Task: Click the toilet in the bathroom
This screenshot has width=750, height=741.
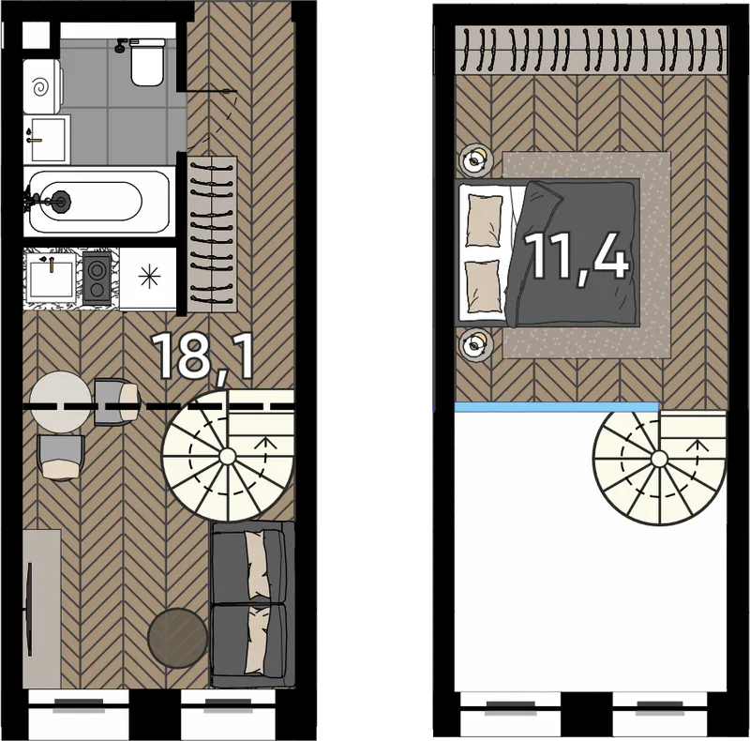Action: coord(146,62)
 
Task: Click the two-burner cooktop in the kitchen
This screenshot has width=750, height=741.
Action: coord(97,278)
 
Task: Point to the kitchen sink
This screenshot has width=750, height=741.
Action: coord(51,278)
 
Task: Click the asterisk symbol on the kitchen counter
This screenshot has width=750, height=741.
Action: coord(149,277)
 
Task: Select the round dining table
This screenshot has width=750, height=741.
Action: coord(61,402)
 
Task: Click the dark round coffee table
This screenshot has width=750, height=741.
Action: coord(177,638)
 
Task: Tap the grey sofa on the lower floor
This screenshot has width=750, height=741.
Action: coord(252,604)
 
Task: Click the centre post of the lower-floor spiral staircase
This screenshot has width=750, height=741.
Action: coord(227,456)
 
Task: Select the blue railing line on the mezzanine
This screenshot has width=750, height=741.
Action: coord(557,407)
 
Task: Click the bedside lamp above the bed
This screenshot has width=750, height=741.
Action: coord(475,159)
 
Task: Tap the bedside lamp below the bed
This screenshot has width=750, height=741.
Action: coord(475,343)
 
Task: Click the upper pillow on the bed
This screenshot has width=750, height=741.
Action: coord(484,220)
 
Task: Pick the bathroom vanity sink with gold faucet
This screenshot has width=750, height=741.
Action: coord(47,139)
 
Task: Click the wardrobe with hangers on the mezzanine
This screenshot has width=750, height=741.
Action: coord(591,51)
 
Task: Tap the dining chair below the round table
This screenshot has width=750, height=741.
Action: coord(60,458)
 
